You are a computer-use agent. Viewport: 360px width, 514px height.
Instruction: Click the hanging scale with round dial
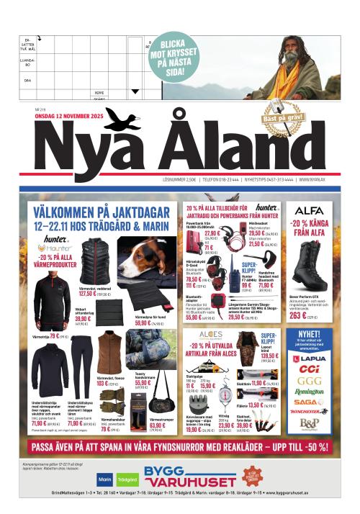(225, 389)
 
